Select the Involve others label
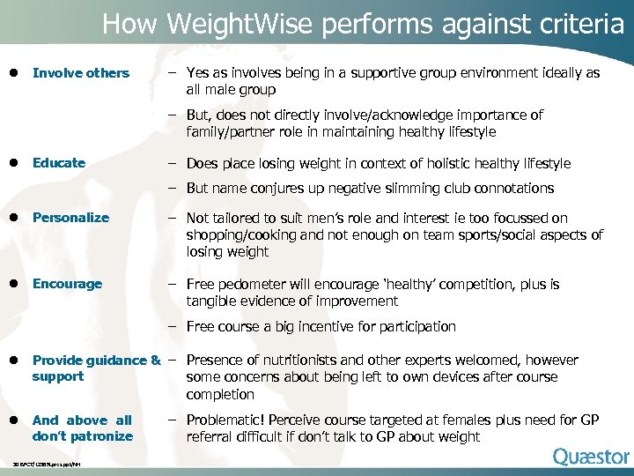click(80, 73)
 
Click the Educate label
click(59, 163)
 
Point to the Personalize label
click(70, 218)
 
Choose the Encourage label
click(67, 284)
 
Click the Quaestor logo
click(591, 456)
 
